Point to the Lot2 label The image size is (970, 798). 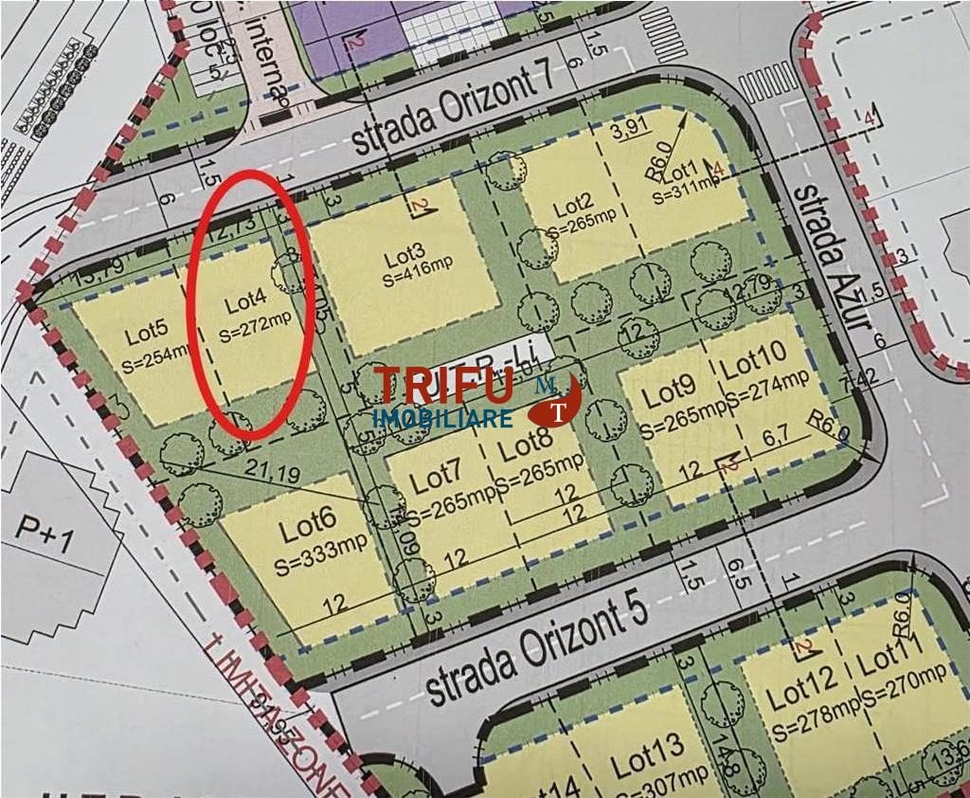click(x=573, y=204)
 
